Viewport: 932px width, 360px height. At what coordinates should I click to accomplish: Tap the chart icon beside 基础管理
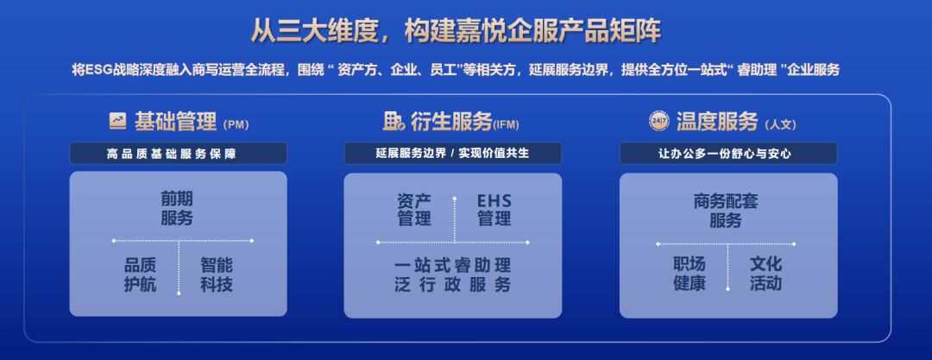117,122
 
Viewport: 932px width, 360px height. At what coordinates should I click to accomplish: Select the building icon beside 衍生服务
394,122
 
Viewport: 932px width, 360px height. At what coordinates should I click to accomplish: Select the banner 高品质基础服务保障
178,154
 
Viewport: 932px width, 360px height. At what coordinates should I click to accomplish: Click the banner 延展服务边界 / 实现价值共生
452,154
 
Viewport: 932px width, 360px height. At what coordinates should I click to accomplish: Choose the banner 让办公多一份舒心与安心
728,154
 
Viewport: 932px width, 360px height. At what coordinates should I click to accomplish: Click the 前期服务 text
177,208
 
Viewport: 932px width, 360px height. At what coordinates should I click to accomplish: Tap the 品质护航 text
141,275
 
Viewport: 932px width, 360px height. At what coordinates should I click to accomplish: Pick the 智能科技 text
217,275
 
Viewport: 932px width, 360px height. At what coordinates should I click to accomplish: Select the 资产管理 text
414,210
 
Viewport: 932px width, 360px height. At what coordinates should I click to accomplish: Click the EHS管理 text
494,210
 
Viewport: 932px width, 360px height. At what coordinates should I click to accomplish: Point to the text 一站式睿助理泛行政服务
452,275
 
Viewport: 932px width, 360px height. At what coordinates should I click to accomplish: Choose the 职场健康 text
690,274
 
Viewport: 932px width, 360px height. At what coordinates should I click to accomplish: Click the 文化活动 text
765,274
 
